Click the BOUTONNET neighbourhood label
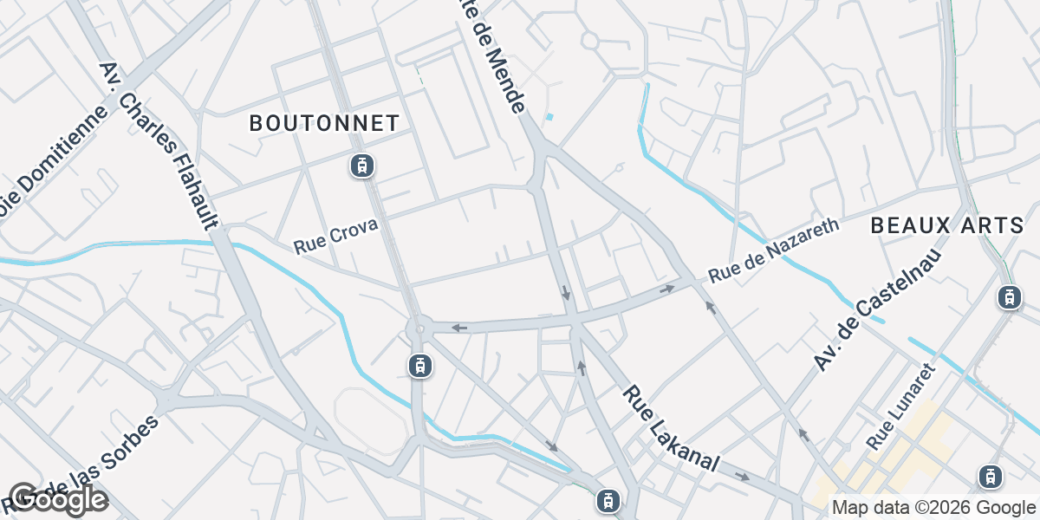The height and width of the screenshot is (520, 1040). click(x=324, y=123)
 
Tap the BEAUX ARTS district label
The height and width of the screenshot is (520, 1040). click(x=947, y=226)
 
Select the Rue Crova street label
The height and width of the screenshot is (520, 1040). click(x=335, y=236)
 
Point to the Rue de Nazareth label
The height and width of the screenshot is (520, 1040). click(x=774, y=250)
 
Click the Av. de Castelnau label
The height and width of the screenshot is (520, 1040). click(x=879, y=307)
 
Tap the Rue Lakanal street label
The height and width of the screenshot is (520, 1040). click(x=670, y=429)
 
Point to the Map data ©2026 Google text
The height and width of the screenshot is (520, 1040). click(x=933, y=507)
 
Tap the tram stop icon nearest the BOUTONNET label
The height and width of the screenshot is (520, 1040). click(x=361, y=165)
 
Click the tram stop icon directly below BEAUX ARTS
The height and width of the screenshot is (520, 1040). click(x=1009, y=297)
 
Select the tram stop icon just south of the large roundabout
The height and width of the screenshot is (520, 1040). click(x=420, y=367)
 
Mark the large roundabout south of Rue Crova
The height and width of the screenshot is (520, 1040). click(x=419, y=328)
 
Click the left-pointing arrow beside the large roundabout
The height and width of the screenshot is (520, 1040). click(x=459, y=328)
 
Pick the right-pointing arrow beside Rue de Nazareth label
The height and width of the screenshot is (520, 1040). click(x=667, y=289)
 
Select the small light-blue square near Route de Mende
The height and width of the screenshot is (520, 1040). click(x=549, y=116)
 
